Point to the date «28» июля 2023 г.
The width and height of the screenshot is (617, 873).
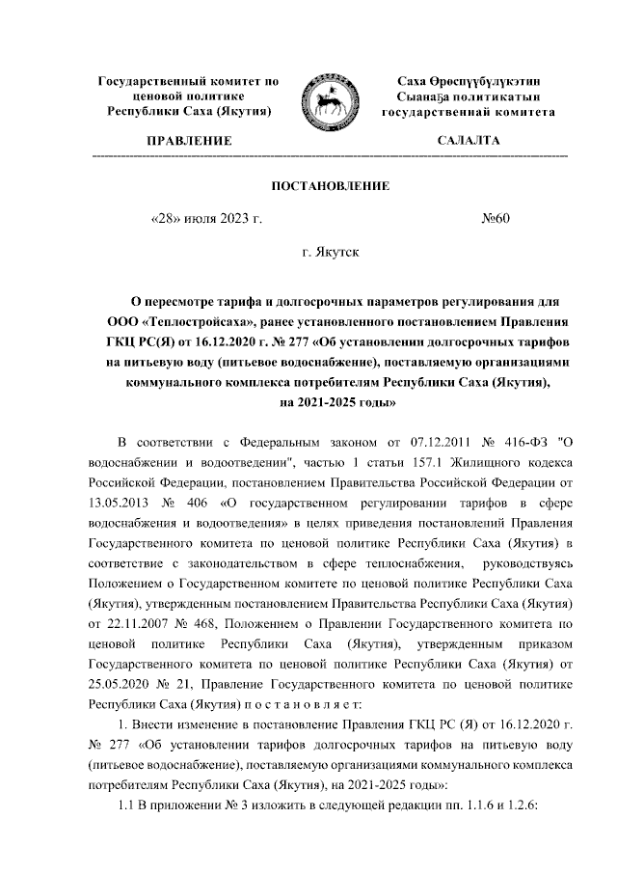[x=207, y=219]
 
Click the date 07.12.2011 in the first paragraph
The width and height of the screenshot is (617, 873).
[x=416, y=443]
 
